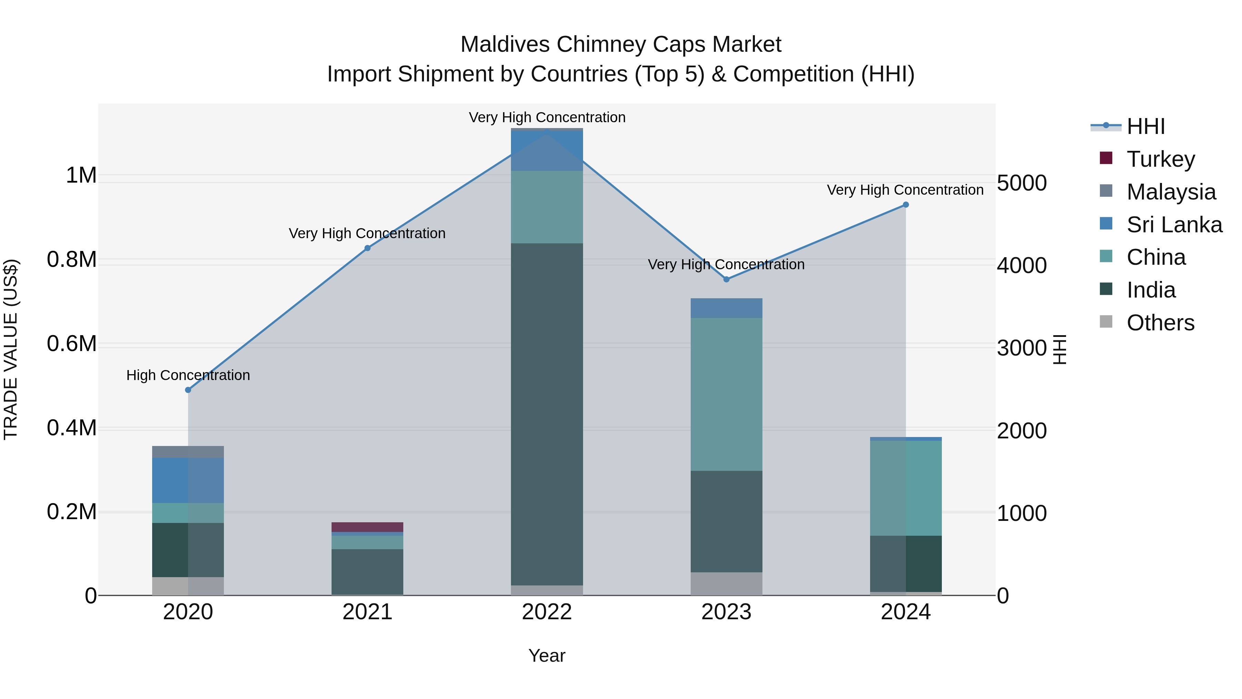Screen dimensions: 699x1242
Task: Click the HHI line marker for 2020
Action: pos(188,390)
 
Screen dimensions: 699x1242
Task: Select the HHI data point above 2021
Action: pos(367,248)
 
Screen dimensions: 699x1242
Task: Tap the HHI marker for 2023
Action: pos(727,279)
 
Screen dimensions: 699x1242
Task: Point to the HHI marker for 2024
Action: pos(906,205)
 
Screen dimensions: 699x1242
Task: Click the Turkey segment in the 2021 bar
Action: pos(367,527)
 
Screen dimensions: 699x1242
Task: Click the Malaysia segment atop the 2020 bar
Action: pos(188,452)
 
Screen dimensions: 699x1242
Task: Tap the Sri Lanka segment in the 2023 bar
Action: pos(727,308)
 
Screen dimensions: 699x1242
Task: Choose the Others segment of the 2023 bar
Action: pos(727,584)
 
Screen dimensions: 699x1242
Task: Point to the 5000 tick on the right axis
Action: pos(1022,183)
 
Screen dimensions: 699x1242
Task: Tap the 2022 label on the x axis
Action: pos(547,612)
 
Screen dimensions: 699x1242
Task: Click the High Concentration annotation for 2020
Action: pos(188,375)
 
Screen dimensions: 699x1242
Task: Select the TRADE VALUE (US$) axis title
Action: pos(11,349)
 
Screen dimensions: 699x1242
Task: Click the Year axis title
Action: pos(547,656)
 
